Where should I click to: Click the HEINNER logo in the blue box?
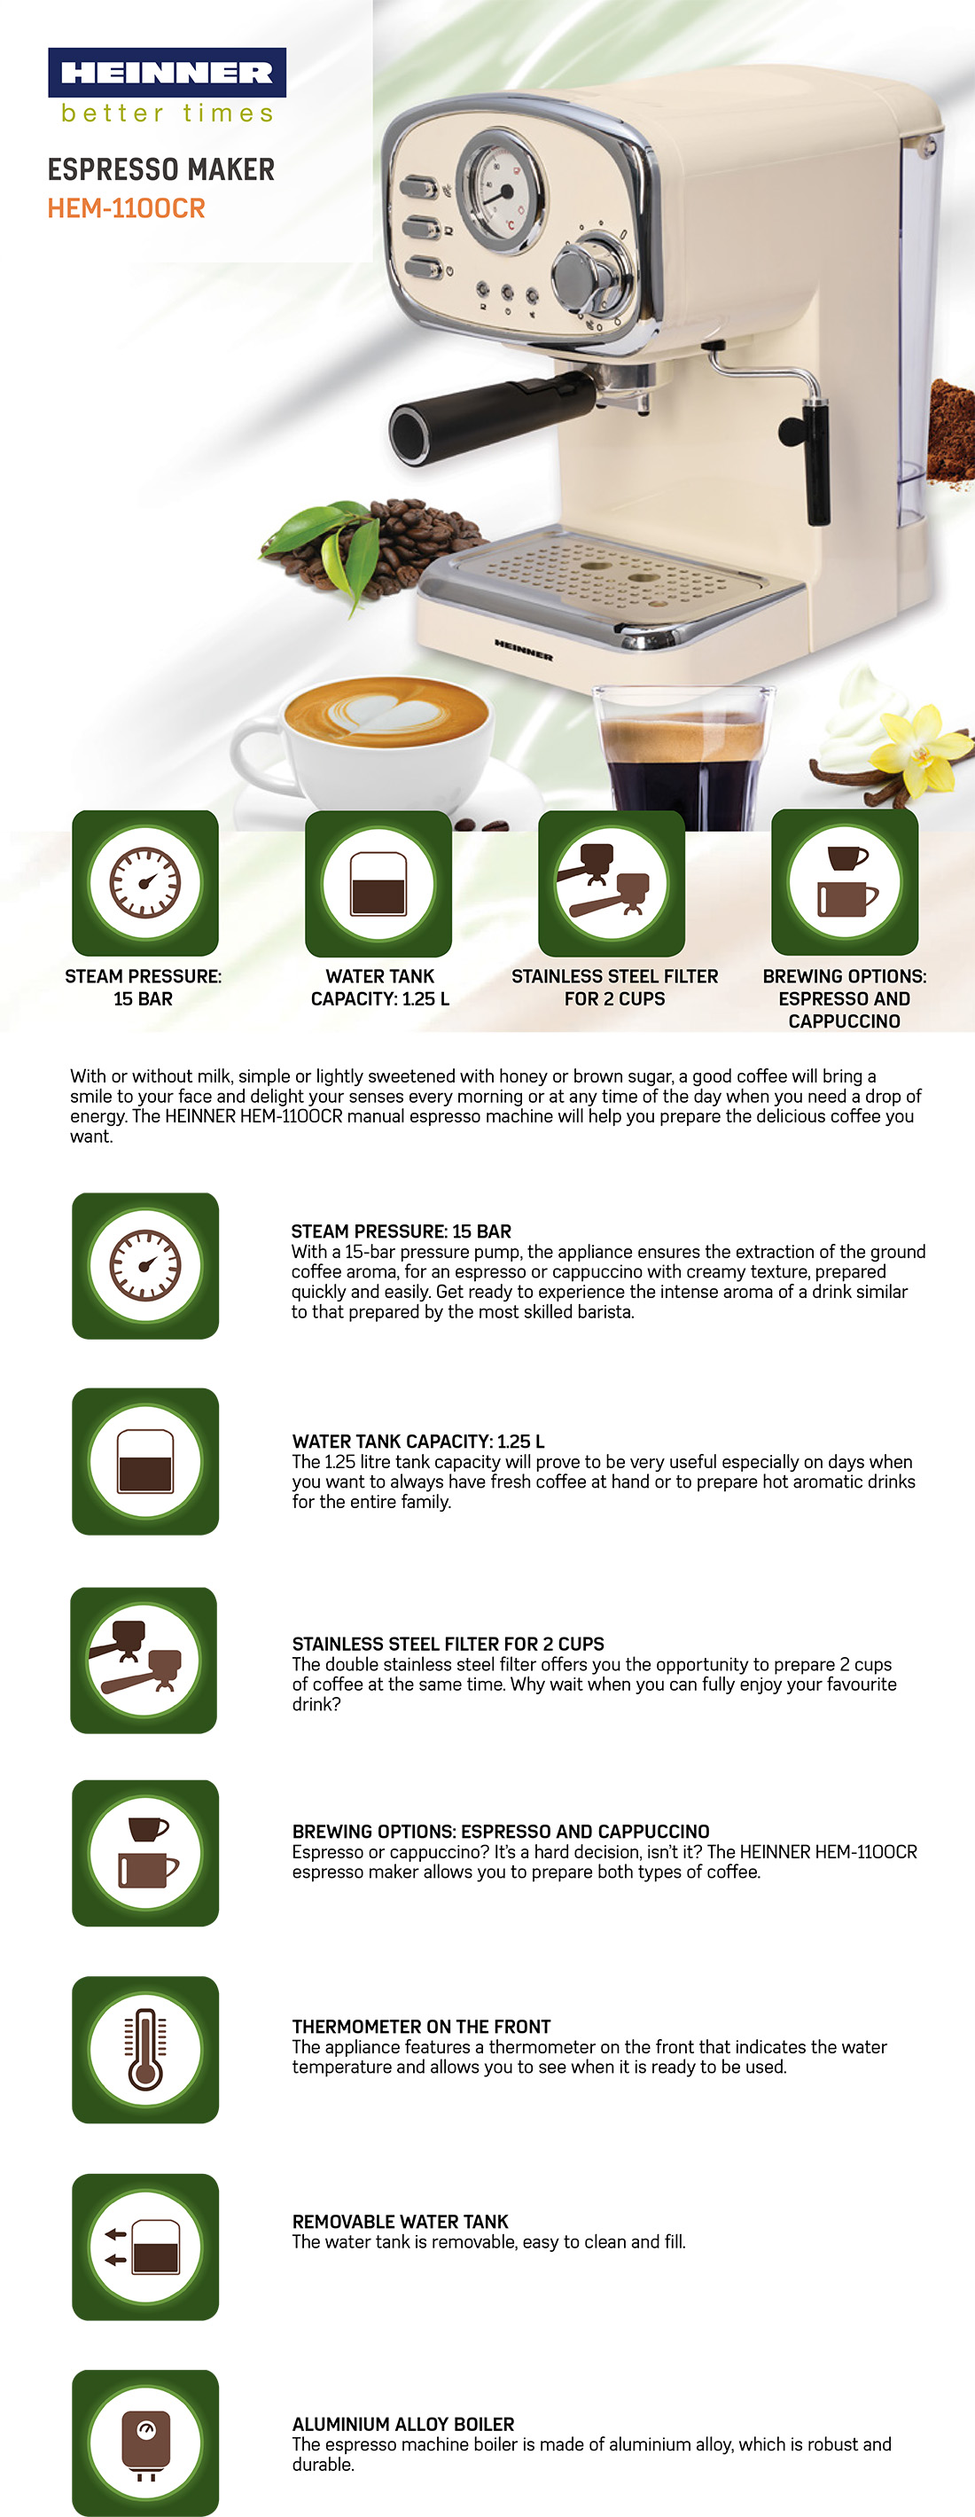[x=167, y=73]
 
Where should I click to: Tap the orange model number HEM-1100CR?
[x=126, y=208]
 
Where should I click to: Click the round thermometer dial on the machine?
[x=501, y=189]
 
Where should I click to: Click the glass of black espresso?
[x=682, y=758]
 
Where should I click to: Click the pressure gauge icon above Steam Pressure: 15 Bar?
[x=144, y=883]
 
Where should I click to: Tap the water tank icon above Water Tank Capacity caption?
[x=378, y=883]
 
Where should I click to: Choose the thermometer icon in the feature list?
[x=145, y=2050]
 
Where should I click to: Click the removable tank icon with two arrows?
[x=145, y=2247]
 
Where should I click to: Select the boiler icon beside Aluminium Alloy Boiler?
[x=145, y=2443]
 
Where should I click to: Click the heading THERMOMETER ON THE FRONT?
[x=421, y=2027]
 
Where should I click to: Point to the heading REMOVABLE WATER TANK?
[x=400, y=2221]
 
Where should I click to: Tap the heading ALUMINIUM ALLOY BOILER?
[x=402, y=2424]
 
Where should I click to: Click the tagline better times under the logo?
[x=167, y=113]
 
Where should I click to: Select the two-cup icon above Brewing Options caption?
[x=845, y=883]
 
